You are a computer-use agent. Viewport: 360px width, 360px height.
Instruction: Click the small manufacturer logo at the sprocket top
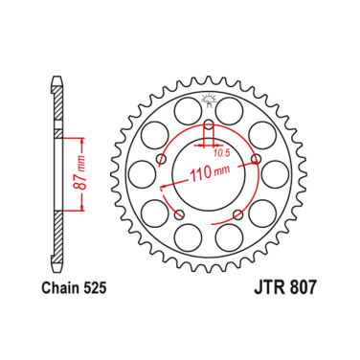pos(210,99)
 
